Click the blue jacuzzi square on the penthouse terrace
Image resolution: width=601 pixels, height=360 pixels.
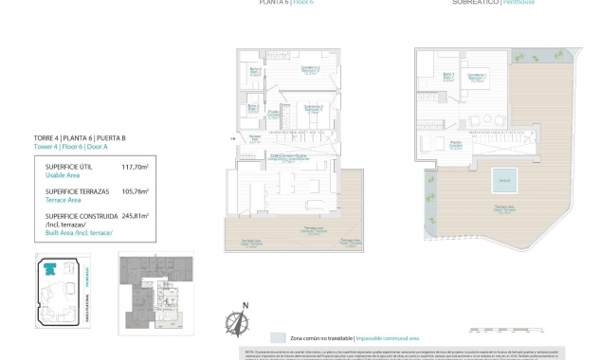pyautogui.click(x=502, y=180)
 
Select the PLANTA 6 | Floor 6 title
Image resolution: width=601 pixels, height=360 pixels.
pyautogui.click(x=275, y=3)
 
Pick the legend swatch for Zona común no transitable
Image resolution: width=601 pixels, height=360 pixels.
pyautogui.click(x=277, y=337)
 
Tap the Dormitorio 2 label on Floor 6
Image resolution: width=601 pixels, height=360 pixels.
pyautogui.click(x=310, y=69)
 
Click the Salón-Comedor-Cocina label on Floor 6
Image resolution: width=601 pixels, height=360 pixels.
pyautogui.click(x=288, y=156)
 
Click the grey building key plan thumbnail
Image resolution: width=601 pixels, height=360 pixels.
pyautogui.click(x=155, y=294)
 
